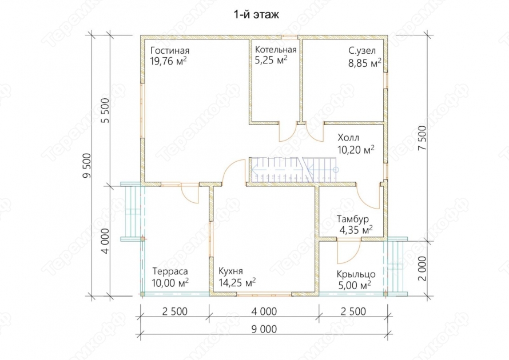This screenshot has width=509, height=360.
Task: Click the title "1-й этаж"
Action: click(x=256, y=15)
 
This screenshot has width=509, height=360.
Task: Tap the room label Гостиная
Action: click(x=170, y=51)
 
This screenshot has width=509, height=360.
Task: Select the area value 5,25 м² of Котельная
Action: click(x=271, y=60)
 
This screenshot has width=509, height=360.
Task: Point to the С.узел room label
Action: click(x=362, y=51)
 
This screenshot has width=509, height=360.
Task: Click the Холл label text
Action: click(x=348, y=138)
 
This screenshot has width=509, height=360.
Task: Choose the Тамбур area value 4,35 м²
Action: click(x=356, y=230)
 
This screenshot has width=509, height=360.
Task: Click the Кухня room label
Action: click(x=230, y=271)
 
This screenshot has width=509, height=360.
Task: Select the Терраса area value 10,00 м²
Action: click(x=170, y=282)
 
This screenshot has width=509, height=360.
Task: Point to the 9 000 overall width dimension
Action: click(x=264, y=330)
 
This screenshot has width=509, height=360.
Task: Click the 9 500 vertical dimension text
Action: click(x=88, y=165)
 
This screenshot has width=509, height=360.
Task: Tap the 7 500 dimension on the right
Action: click(x=423, y=137)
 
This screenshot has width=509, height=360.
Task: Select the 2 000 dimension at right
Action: click(x=423, y=269)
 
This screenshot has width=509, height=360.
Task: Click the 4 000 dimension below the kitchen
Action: click(x=264, y=311)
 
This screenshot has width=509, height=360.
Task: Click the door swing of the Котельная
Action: click(x=288, y=133)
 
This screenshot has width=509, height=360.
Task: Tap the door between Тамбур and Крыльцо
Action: click(x=348, y=251)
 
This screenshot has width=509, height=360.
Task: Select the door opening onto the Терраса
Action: click(x=189, y=193)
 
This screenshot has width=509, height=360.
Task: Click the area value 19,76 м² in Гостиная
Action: click(x=169, y=61)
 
